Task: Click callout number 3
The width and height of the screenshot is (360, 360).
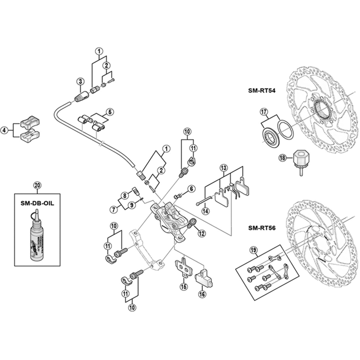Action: (80, 81)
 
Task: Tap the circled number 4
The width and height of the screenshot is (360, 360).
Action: (5, 130)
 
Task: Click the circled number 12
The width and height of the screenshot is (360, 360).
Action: (201, 233)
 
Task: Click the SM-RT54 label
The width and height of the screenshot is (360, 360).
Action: (261, 90)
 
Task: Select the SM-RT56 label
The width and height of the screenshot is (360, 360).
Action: (261, 228)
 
